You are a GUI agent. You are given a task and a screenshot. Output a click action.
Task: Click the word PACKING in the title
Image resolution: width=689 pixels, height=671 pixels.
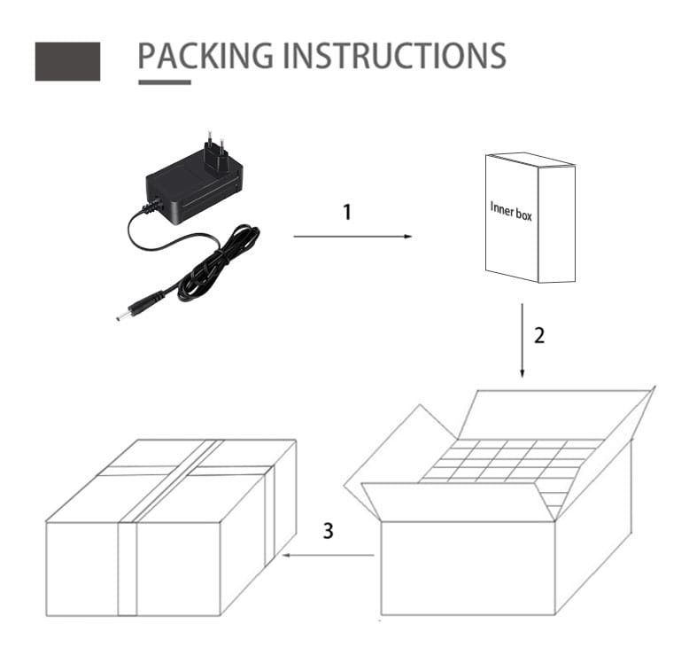click(x=205, y=56)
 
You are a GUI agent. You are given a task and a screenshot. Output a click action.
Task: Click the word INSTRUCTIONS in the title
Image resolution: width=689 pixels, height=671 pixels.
click(x=394, y=56)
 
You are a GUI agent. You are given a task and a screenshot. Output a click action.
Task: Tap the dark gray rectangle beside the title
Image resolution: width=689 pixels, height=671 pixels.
click(x=67, y=61)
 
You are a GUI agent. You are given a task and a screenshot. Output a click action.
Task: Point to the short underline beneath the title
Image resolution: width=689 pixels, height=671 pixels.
click(x=165, y=82)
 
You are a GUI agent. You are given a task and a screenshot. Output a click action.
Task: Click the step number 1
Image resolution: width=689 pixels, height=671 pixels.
click(x=347, y=212)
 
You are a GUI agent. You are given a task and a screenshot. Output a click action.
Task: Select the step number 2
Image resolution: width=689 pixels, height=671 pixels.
click(x=539, y=335)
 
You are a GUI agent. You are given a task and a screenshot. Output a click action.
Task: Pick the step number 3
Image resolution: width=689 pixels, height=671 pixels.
click(x=328, y=531)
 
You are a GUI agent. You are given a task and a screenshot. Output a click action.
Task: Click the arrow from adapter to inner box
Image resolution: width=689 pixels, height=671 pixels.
click(x=352, y=237)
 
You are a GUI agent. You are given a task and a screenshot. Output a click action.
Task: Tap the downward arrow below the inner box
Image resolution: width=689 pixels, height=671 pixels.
click(x=522, y=340)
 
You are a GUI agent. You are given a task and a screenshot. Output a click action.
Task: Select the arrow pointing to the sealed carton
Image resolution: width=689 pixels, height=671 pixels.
click(x=328, y=555)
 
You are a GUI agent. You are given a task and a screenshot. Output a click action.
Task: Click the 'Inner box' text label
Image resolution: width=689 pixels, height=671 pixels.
click(x=511, y=211)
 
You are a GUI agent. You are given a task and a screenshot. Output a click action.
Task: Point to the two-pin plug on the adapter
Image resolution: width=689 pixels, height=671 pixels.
click(x=215, y=152)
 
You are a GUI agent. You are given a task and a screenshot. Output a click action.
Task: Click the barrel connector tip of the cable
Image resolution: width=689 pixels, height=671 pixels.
click(x=119, y=317)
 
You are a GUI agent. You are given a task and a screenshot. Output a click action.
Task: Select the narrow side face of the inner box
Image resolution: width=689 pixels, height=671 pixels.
click(x=557, y=224)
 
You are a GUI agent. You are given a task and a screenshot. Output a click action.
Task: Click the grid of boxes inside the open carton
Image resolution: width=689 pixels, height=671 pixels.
click(x=506, y=461)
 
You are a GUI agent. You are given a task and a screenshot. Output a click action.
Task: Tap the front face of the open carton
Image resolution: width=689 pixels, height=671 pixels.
click(x=468, y=568)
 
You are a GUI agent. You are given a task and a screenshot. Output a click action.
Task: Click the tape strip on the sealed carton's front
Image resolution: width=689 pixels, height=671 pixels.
click(x=127, y=569)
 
